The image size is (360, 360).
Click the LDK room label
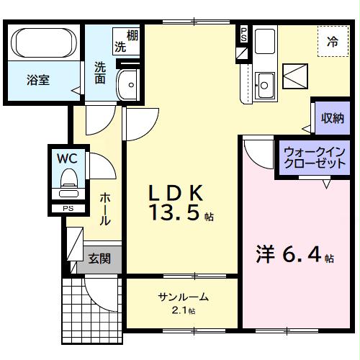coord(176,193)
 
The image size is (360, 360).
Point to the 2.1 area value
coord(184,310)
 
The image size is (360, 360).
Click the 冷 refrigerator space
coord(333,42)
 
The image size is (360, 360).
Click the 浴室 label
coord(38,81)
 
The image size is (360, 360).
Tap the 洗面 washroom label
coord(100,72)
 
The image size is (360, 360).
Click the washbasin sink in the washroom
coord(130,84)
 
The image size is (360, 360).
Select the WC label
coord(68,156)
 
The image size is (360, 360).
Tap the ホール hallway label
coord(104,210)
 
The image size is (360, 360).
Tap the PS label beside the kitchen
coord(243,33)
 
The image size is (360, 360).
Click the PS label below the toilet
coord(68,209)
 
